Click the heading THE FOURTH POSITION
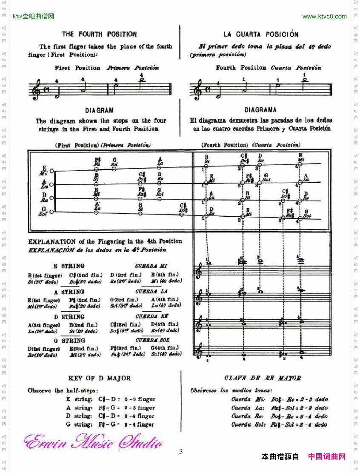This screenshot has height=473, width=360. click(100, 34)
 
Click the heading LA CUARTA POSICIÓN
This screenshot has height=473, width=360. click(261, 34)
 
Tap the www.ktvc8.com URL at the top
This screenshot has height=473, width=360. click(324, 17)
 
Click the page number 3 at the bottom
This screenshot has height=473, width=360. click(180, 452)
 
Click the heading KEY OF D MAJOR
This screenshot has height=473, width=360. click(100, 378)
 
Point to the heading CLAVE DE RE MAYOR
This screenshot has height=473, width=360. click(262, 378)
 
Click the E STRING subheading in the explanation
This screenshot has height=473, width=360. click(69, 266)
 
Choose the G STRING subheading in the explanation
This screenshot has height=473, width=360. click(69, 341)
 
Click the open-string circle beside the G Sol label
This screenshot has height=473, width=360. click(51, 212)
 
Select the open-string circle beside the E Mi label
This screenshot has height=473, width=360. click(51, 171)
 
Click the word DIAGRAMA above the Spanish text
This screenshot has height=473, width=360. click(260, 110)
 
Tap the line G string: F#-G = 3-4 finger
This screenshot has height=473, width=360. click(110, 424)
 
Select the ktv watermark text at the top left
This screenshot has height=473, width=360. click(34, 17)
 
